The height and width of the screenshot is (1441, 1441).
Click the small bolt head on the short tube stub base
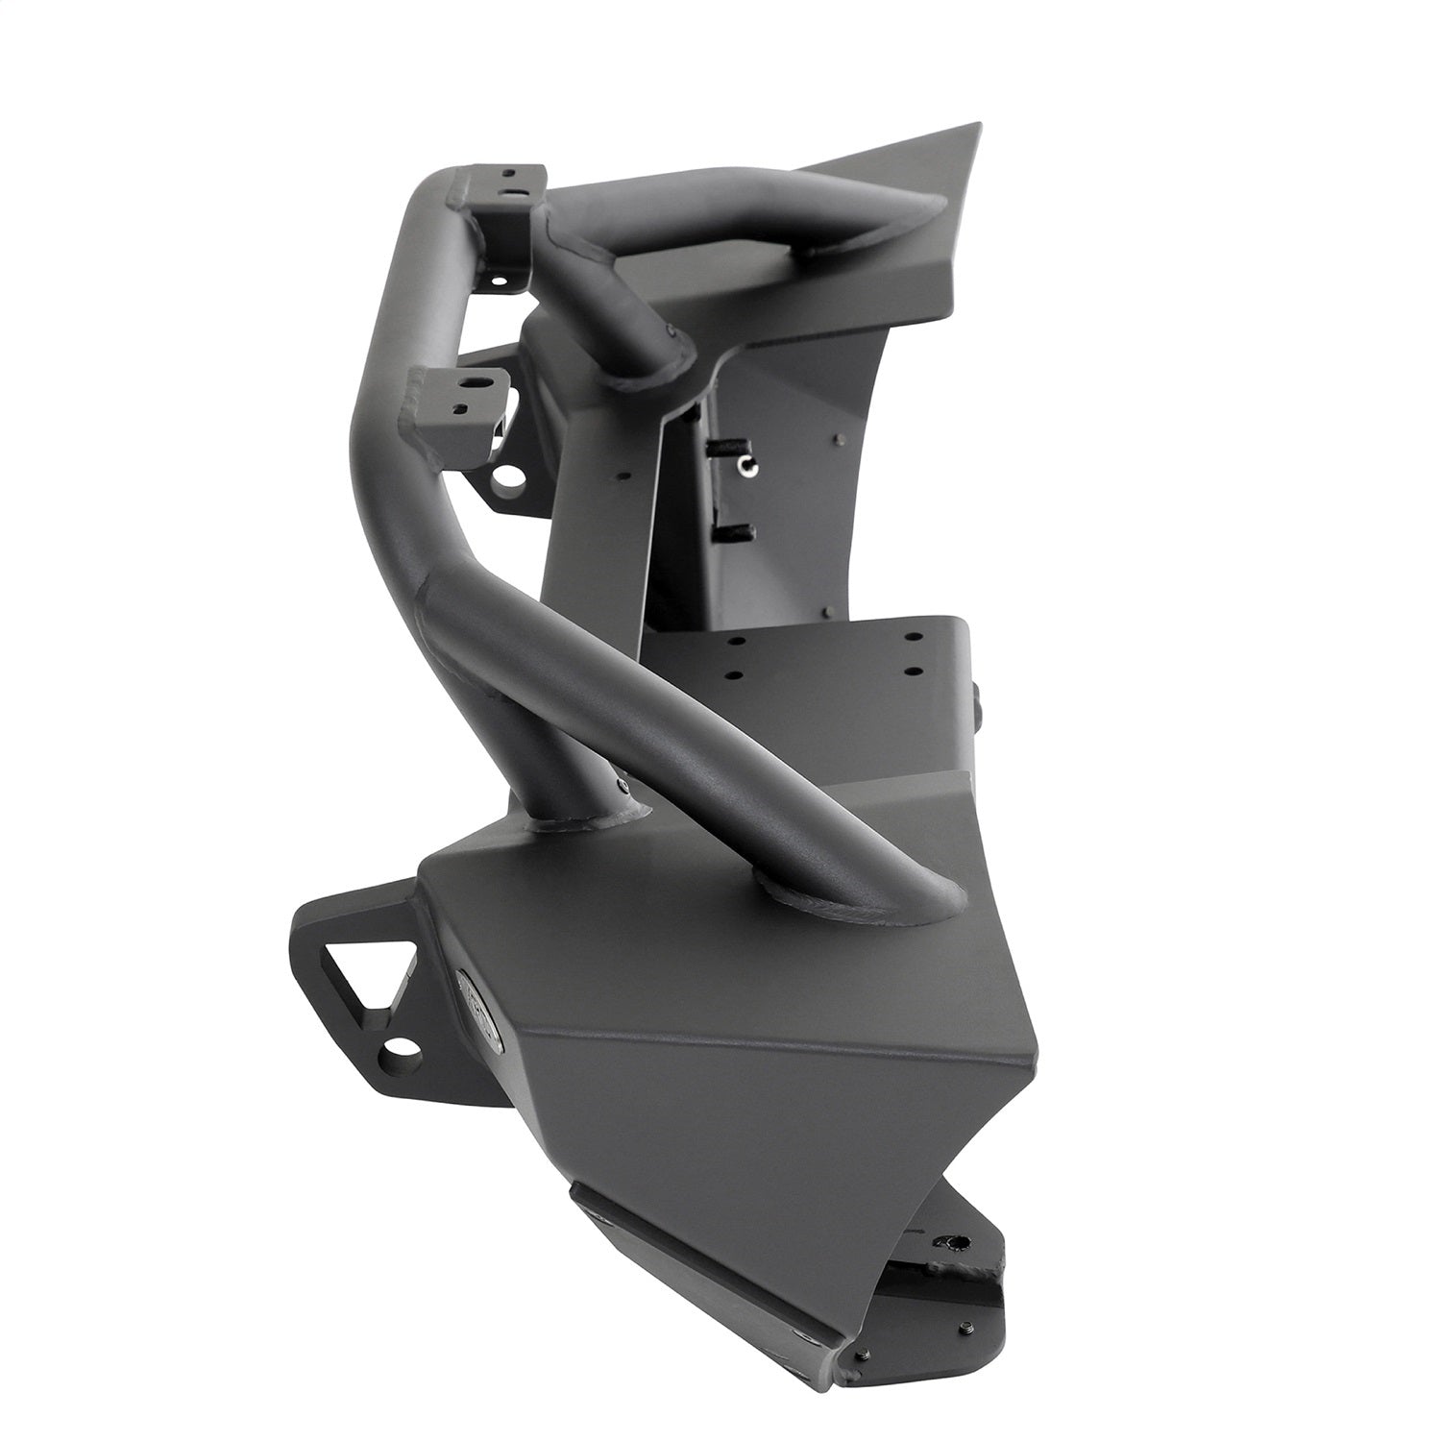click(625, 784)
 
